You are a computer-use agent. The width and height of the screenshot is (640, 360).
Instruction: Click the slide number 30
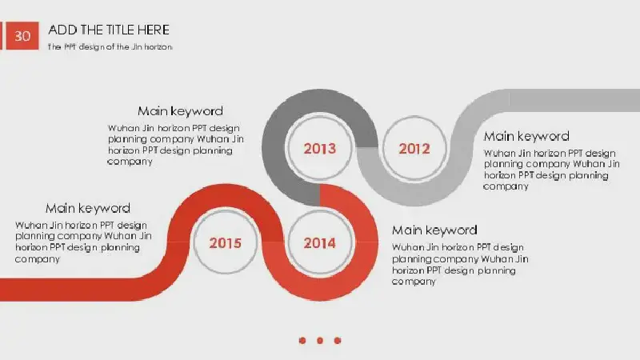(22, 36)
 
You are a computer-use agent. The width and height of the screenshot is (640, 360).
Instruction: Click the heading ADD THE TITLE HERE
(109, 30)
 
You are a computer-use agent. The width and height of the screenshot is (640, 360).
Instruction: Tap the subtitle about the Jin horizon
(110, 47)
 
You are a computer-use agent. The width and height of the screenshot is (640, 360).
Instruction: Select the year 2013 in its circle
(319, 149)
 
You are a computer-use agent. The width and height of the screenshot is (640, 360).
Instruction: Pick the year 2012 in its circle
(414, 149)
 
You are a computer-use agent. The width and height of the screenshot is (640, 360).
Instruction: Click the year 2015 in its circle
(226, 243)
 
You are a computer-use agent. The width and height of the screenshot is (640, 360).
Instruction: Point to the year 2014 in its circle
(319, 243)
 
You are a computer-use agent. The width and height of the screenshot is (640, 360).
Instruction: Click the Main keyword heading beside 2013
(181, 111)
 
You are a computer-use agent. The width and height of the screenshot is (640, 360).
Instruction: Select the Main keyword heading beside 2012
(526, 136)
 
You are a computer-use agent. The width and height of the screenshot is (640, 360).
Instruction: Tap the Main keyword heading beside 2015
(88, 208)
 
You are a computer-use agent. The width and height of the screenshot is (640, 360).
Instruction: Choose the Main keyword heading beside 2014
(434, 230)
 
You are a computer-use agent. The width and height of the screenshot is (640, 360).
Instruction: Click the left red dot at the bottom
(302, 341)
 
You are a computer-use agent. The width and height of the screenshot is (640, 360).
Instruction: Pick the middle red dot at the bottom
(320, 341)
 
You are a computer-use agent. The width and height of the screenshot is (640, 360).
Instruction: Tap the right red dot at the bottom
(338, 341)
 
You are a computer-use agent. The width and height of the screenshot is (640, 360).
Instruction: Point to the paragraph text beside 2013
(175, 145)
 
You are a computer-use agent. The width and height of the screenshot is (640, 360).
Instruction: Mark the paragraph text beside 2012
(551, 170)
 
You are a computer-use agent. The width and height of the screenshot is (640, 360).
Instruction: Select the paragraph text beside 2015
(83, 242)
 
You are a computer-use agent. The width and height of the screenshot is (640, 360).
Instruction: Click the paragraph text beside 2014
(460, 265)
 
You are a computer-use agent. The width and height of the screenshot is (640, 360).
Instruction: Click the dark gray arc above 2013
(319, 101)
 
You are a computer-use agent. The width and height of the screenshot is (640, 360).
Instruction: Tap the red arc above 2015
(226, 196)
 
